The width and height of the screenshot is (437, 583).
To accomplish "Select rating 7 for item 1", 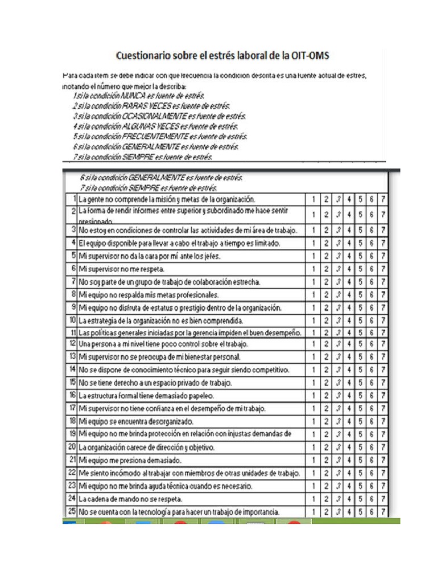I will point(384,200).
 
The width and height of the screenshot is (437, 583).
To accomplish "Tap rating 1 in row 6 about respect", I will point(314,269).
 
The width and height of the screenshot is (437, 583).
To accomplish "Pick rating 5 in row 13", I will point(361,357).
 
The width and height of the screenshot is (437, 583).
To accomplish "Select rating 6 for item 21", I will point(372,460).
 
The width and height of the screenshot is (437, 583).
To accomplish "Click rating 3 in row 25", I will point(337,512).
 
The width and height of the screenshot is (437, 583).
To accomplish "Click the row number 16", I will point(72,395).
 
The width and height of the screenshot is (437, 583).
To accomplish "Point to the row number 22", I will point(72,473).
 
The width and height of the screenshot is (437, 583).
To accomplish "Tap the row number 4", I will point(74,243).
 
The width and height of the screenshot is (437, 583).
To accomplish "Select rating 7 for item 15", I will point(384,383).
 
